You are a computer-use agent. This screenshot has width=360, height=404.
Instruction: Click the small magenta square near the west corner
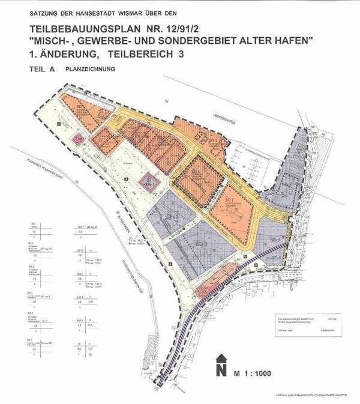click(77, 139)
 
